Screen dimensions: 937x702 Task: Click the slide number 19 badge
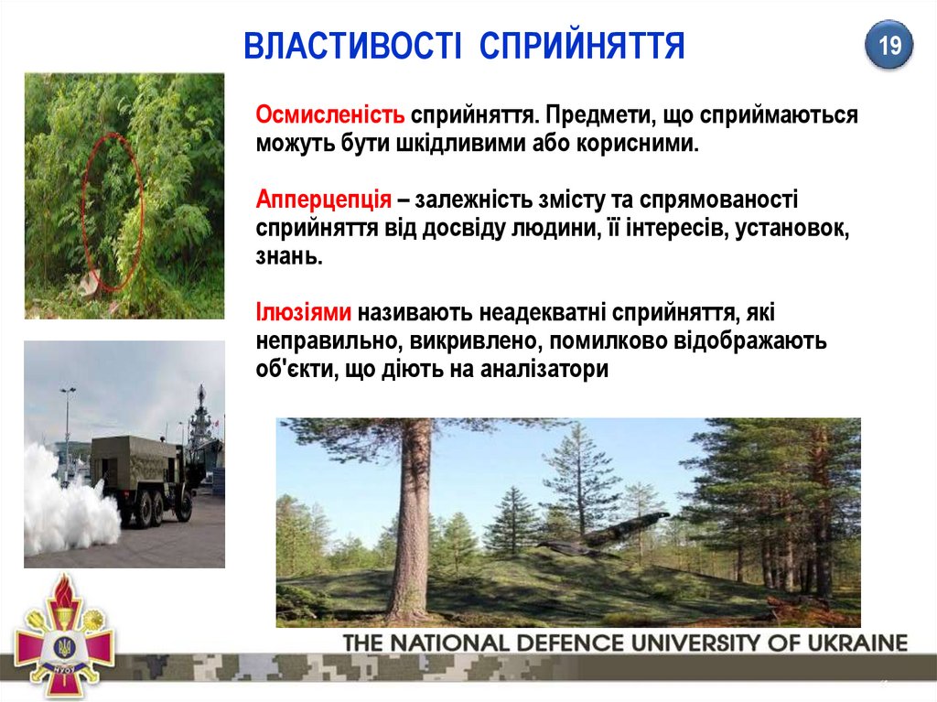(x=889, y=45)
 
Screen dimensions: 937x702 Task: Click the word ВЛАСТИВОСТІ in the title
(x=352, y=46)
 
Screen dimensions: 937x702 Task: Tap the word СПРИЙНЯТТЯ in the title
(x=582, y=46)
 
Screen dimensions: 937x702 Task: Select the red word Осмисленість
(x=329, y=114)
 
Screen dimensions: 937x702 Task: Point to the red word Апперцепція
(x=323, y=200)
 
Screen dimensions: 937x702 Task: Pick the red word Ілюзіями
(x=303, y=312)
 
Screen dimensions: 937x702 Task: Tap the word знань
(x=289, y=256)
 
